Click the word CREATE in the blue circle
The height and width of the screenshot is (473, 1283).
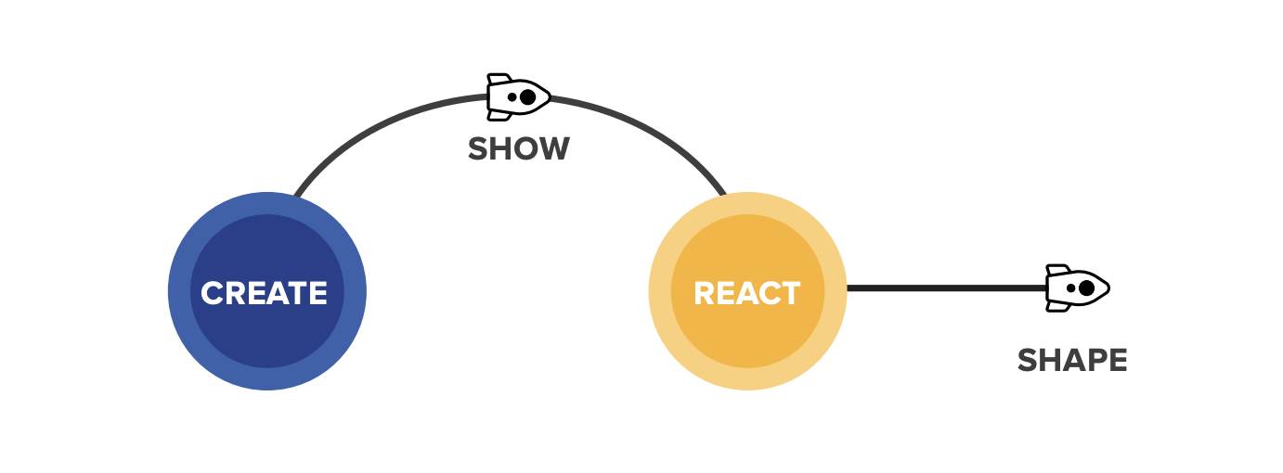pos(265,293)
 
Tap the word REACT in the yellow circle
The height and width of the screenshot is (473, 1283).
pos(746,293)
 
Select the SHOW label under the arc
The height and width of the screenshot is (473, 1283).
pos(518,148)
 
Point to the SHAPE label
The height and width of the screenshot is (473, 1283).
pos(1072,360)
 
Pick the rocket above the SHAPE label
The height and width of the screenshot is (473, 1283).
pos(1077,288)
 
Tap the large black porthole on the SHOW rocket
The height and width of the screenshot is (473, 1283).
pos(527,96)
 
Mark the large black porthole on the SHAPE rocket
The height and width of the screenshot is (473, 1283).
pos(1085,288)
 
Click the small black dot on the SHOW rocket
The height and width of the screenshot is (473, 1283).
pos(512,96)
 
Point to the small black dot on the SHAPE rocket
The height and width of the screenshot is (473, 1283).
pos(1069,288)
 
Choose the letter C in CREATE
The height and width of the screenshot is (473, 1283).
pos(213,293)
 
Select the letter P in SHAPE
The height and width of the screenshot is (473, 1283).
pos(1092,360)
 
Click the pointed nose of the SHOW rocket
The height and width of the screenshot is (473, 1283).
pos(550,96)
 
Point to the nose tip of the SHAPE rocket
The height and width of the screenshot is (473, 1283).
pos(1108,288)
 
